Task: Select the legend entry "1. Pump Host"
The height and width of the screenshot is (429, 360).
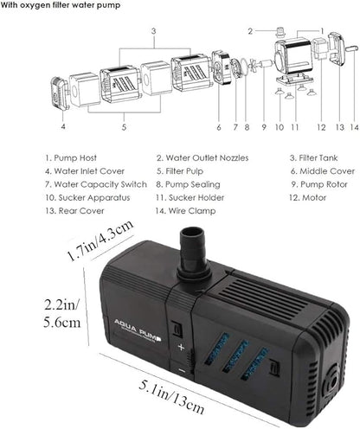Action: pos(68,158)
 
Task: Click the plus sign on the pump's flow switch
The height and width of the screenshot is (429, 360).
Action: pos(181,345)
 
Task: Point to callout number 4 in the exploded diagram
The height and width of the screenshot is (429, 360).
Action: pos(62,126)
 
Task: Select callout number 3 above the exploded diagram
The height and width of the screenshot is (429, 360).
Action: pos(152,31)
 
